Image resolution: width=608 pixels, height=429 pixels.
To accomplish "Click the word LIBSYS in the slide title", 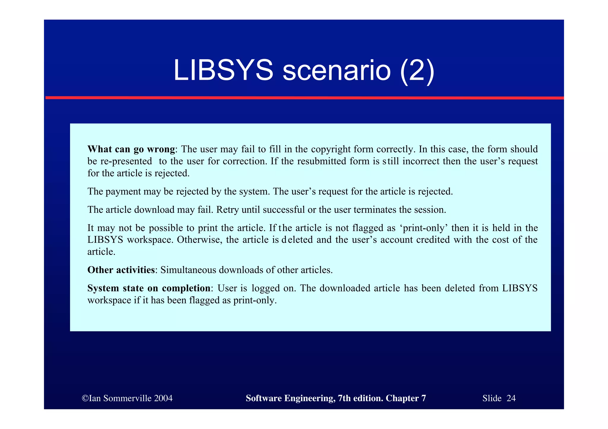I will click(x=223, y=70).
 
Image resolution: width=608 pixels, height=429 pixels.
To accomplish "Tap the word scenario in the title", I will click(x=336, y=70).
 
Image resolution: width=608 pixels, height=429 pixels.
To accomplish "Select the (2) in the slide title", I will click(x=417, y=70).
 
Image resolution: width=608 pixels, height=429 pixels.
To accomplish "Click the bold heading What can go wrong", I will click(x=131, y=149).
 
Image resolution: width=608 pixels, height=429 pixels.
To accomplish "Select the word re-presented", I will click(x=126, y=161).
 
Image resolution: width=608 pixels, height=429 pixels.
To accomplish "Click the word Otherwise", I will click(x=199, y=240).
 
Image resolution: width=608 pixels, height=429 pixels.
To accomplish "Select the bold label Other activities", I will click(x=121, y=270).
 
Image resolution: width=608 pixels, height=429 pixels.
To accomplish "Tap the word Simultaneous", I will click(x=188, y=270).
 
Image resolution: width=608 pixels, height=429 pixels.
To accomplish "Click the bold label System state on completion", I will click(x=149, y=288).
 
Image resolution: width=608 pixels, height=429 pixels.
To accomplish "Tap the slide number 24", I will click(x=511, y=398).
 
